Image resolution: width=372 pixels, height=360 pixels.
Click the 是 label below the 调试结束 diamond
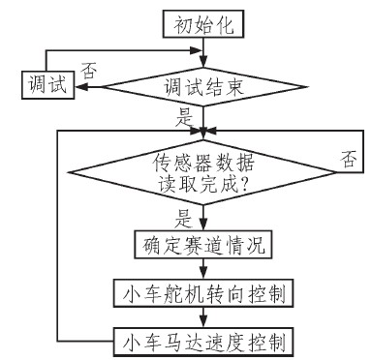point(182,118)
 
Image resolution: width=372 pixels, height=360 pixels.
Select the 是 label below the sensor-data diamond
point(181,219)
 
